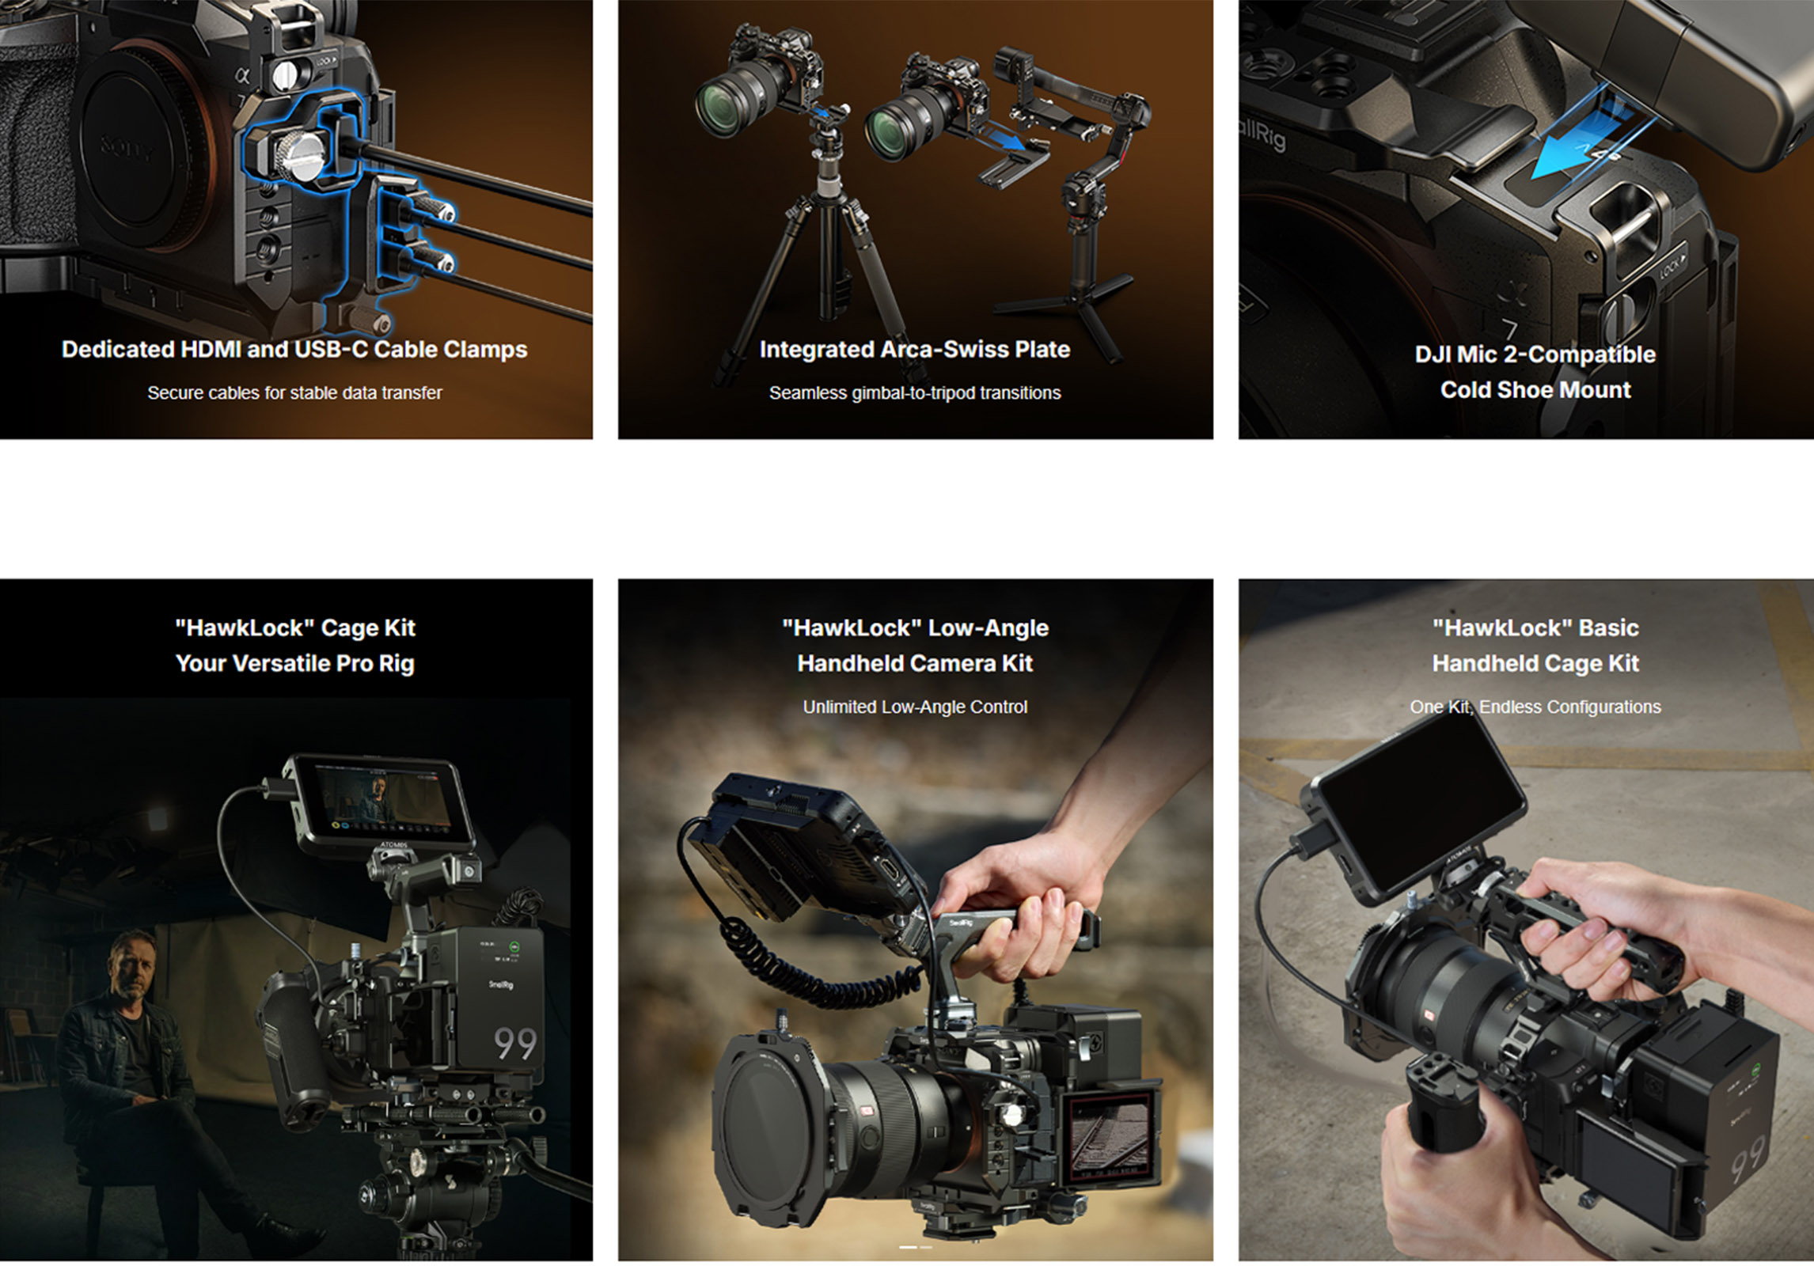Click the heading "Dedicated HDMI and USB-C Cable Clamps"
point(294,350)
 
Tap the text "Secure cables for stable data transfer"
point(294,392)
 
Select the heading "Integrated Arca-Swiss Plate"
point(914,350)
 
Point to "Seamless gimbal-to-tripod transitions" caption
point(915,392)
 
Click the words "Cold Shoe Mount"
point(1535,390)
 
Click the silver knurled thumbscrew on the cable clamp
point(301,156)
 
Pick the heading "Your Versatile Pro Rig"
point(294,663)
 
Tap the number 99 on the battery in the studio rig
point(515,1044)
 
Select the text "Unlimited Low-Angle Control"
point(915,707)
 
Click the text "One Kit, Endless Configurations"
point(1535,707)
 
